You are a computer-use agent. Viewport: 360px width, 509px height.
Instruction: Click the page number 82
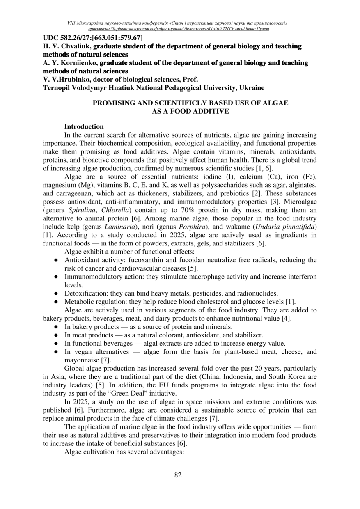tap(178, 475)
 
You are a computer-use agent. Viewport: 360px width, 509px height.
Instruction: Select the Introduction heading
tap(84, 127)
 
